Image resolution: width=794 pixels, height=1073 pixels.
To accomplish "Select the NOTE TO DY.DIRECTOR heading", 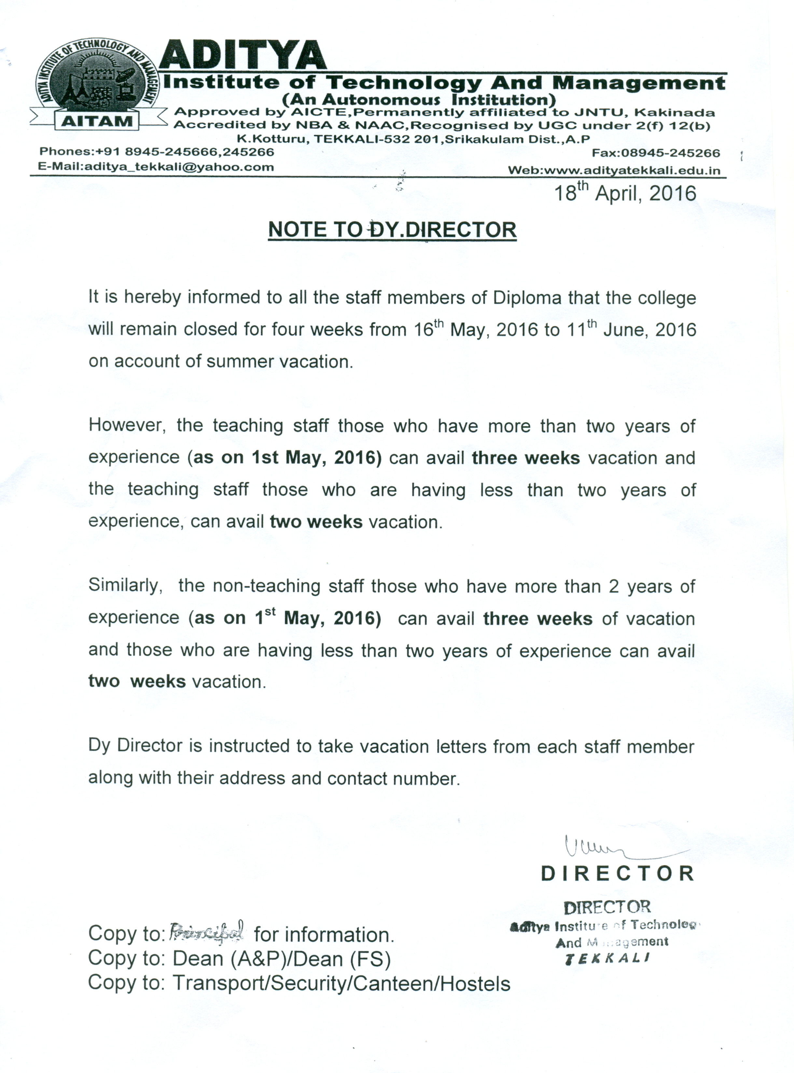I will [x=392, y=230].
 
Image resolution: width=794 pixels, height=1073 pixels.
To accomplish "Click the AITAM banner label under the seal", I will [x=97, y=121].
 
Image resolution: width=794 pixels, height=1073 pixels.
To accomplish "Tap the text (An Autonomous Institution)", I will [x=419, y=100].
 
